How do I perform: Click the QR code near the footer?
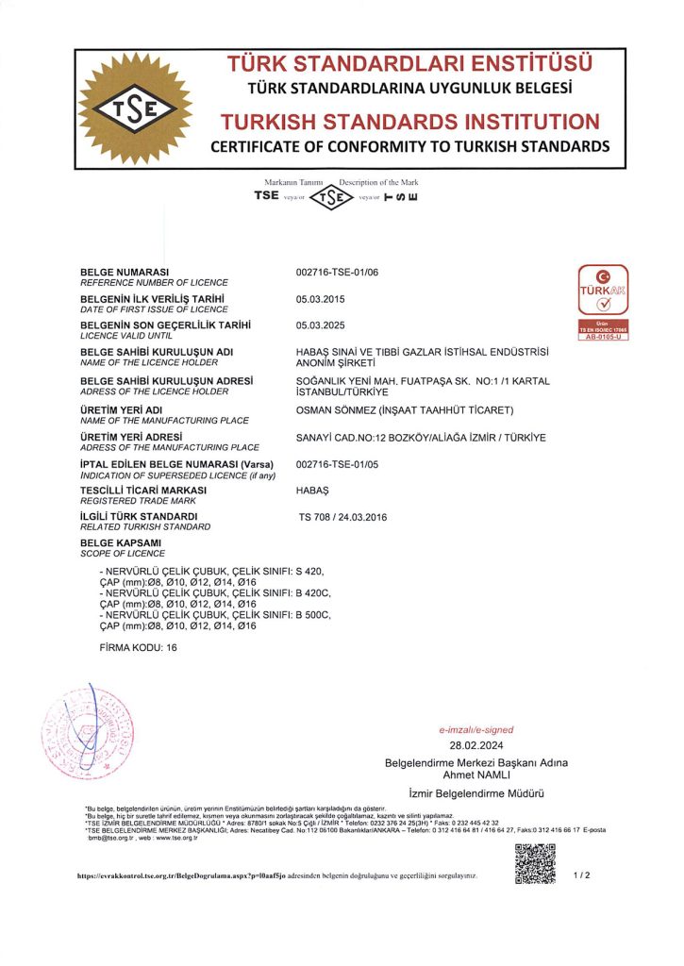click(x=535, y=864)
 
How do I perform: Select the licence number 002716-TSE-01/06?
click(x=337, y=273)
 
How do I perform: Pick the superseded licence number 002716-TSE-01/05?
click(x=337, y=465)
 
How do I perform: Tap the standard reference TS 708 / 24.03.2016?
click(x=342, y=517)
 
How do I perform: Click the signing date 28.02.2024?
click(x=475, y=745)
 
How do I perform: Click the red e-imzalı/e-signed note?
click(x=475, y=730)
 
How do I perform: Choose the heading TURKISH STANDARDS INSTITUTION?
click(x=409, y=122)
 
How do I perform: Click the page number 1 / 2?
click(x=582, y=875)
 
